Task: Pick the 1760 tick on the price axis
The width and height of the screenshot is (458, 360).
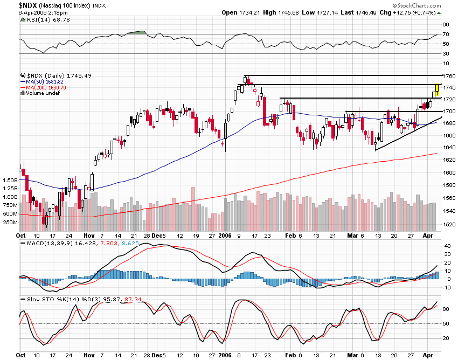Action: point(449,76)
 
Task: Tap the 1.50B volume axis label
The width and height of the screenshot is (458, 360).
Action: point(11,180)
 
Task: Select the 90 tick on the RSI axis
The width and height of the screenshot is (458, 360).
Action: point(446,25)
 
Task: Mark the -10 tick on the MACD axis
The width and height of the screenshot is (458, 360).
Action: point(446,287)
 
